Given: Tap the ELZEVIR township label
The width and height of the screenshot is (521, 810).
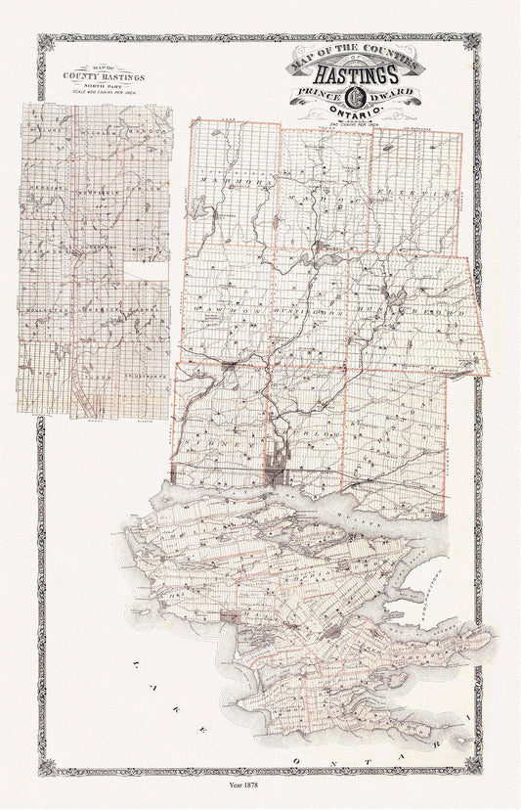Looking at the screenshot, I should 422,193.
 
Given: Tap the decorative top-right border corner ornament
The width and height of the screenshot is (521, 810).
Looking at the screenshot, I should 471,42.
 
